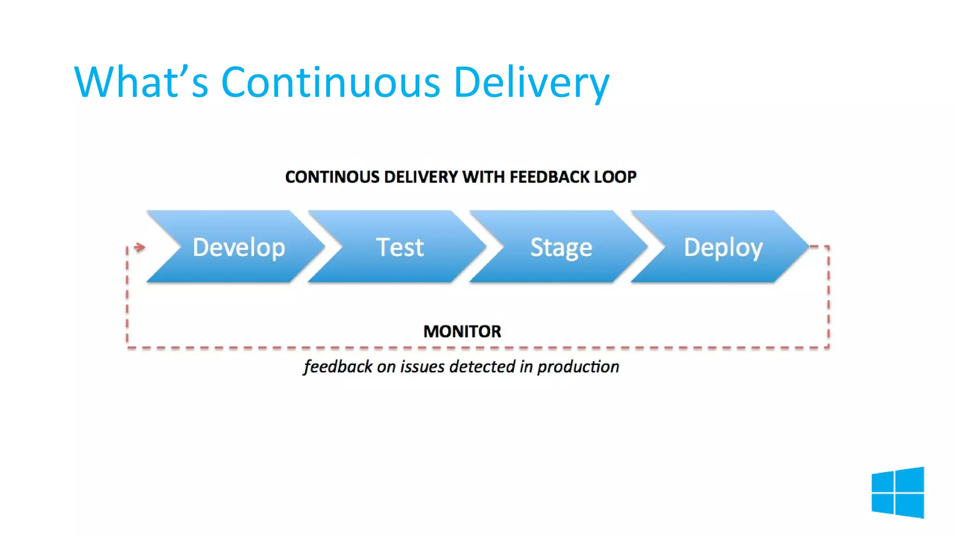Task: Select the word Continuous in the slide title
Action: [x=330, y=83]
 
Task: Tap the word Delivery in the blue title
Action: [x=531, y=83]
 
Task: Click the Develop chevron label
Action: [x=238, y=247]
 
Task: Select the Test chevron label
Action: [x=400, y=247]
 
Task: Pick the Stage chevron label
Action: [x=561, y=248]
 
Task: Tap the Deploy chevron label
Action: [x=723, y=248]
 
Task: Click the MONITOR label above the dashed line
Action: [x=462, y=331]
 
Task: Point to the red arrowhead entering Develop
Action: [x=140, y=247]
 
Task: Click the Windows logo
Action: [x=898, y=492]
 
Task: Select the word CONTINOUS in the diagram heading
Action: [x=332, y=177]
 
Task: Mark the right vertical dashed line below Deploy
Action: [x=828, y=298]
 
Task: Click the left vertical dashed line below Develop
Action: [x=127, y=298]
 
